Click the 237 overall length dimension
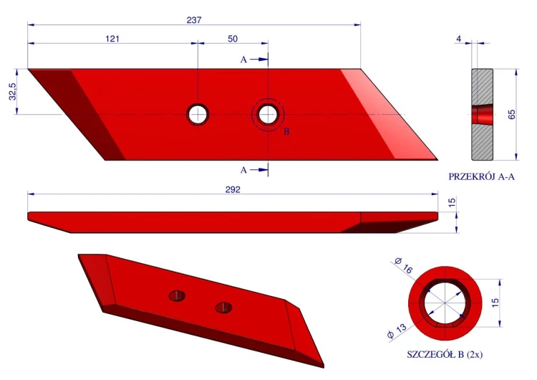click(194, 20)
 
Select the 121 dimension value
click(112, 39)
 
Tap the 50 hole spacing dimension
click(233, 39)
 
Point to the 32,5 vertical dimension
click(13, 92)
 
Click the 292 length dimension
click(233, 190)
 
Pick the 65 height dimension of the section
click(512, 114)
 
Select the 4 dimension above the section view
click(458, 39)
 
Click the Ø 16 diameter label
click(404, 265)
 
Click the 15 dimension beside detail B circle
click(495, 303)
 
